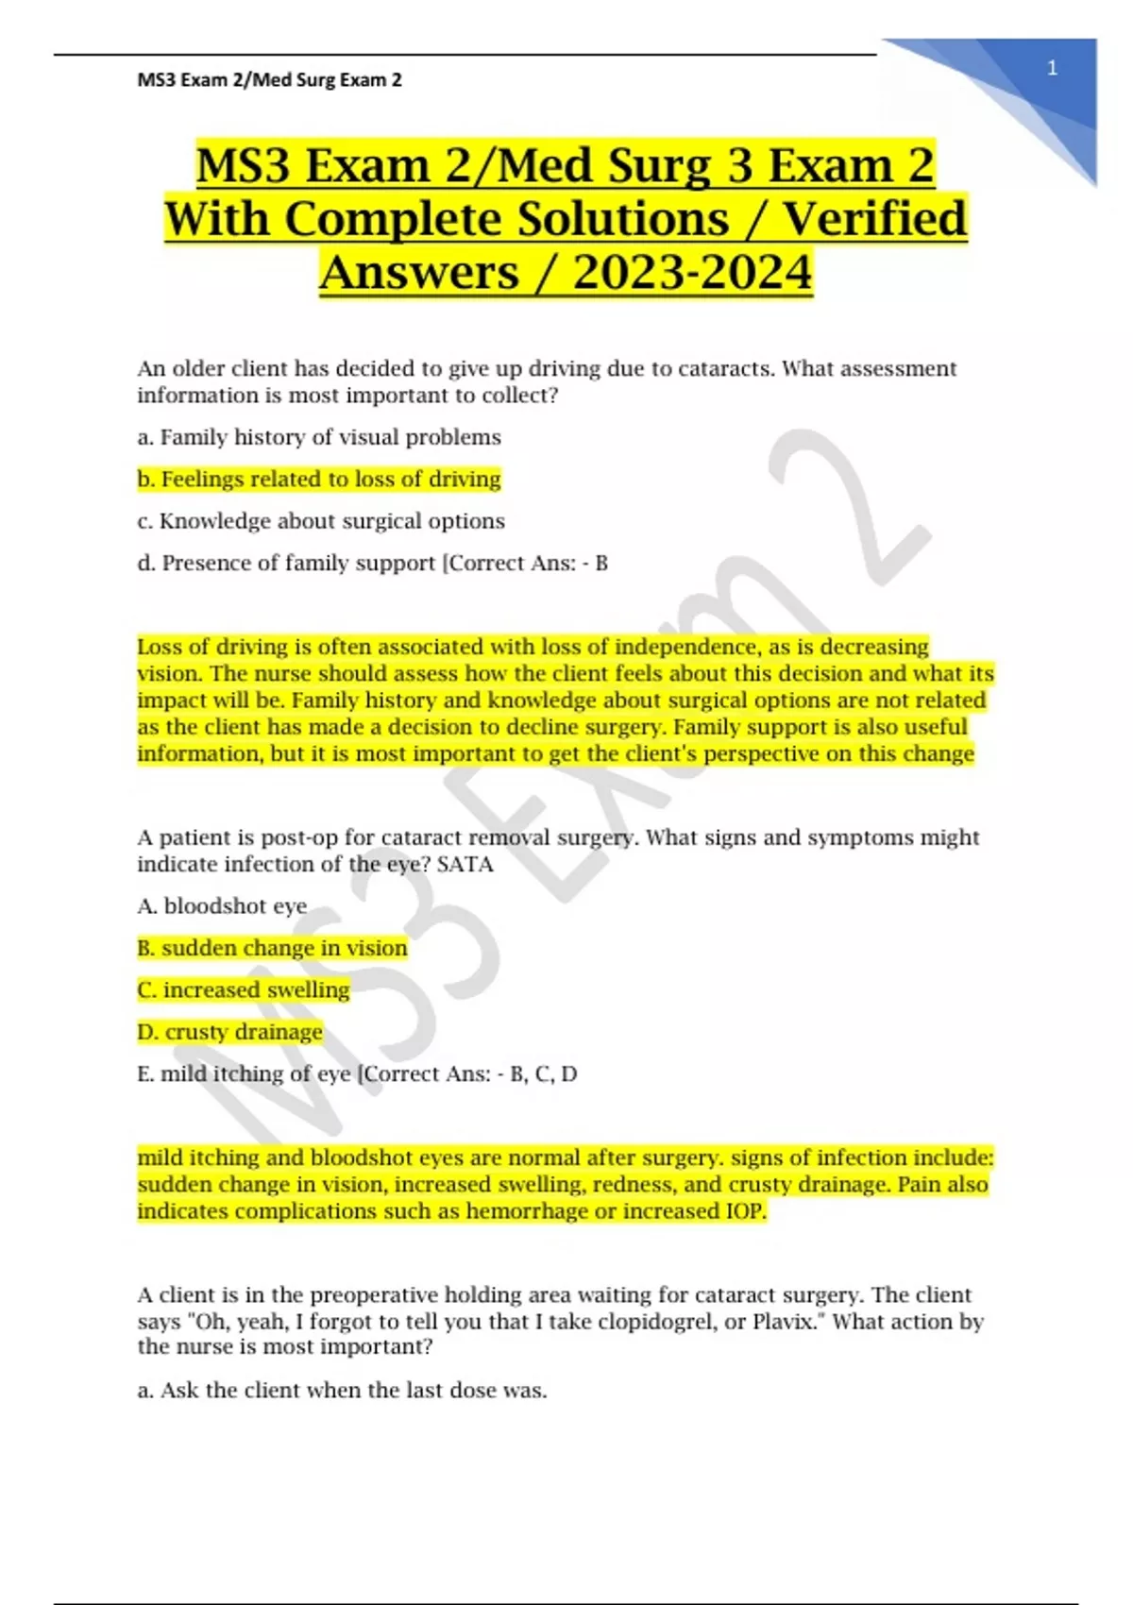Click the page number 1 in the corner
pos(1052,68)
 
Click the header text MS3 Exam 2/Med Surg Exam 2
pos(269,80)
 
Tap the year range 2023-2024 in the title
pos(692,273)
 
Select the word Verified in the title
pos(875,219)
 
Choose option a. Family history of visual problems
pos(319,437)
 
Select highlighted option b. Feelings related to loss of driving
pos(319,480)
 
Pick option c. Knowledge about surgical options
pos(321,521)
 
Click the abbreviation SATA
pos(465,865)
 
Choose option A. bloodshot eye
pos(222,906)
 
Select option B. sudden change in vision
pos(272,948)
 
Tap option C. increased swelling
pos(244,990)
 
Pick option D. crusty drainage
pos(229,1032)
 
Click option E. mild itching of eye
pos(244,1074)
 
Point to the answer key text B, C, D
pos(543,1074)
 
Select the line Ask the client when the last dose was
pos(342,1391)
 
